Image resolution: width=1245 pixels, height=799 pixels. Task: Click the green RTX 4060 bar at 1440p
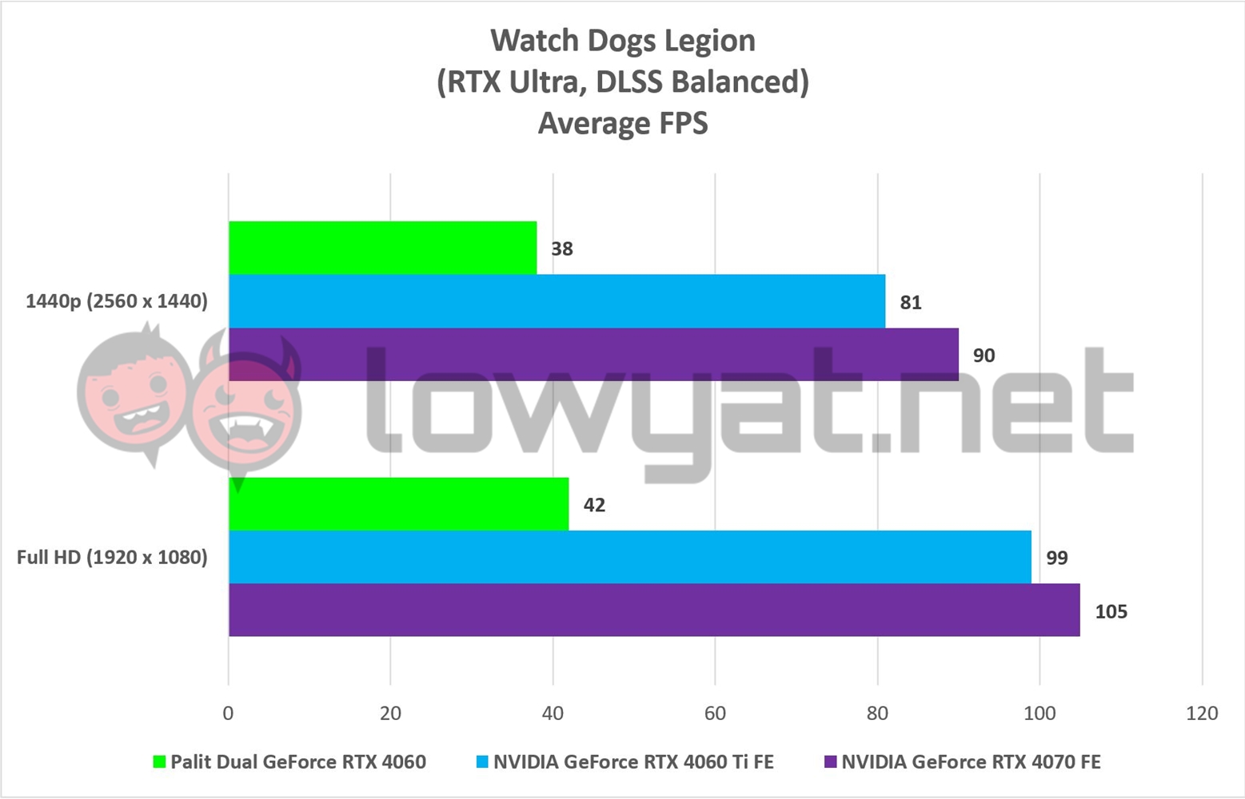[382, 248]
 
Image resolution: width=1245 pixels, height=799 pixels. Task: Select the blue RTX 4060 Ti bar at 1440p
[557, 301]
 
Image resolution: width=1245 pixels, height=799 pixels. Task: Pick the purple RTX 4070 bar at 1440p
[593, 354]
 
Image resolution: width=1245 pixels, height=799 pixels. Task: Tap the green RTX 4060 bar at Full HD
[398, 503]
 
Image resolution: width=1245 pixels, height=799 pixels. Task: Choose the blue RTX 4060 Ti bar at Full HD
[629, 557]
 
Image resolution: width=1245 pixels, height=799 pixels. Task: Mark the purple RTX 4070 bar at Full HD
[654, 610]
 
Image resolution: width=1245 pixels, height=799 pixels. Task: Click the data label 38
[561, 248]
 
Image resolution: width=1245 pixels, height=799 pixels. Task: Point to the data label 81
[910, 302]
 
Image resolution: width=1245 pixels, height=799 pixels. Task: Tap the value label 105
[1110, 611]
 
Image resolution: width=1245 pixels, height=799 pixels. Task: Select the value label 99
[1056, 558]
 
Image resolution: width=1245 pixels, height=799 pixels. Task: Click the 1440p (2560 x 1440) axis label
[117, 301]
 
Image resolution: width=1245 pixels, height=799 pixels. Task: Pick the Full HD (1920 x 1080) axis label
[112, 557]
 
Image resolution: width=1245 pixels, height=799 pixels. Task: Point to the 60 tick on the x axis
[715, 713]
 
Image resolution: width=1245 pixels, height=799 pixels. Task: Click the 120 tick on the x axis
[1202, 713]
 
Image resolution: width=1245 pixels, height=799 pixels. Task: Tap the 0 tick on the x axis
[229, 713]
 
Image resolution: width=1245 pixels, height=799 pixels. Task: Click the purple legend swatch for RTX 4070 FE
[829, 762]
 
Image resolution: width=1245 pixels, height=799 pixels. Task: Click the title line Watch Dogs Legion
[622, 41]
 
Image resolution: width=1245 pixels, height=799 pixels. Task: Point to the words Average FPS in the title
[622, 123]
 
